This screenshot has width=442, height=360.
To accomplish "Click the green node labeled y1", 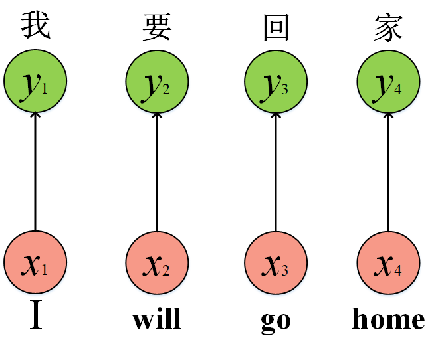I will (x=35, y=82).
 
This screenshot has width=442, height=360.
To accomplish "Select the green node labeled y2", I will (x=157, y=82).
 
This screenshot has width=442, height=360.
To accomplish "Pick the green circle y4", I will (x=389, y=82).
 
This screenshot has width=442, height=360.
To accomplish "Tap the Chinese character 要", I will (x=157, y=27).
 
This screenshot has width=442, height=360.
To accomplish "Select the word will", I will (x=157, y=319).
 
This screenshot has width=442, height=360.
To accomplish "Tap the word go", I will (x=275, y=321).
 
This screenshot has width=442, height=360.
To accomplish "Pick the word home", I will (x=389, y=319).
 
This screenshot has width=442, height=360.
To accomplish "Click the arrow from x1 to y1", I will (x=35, y=173).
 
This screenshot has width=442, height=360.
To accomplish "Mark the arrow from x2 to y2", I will (x=157, y=173).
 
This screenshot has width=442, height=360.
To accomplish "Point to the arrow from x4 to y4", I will (x=389, y=173).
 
